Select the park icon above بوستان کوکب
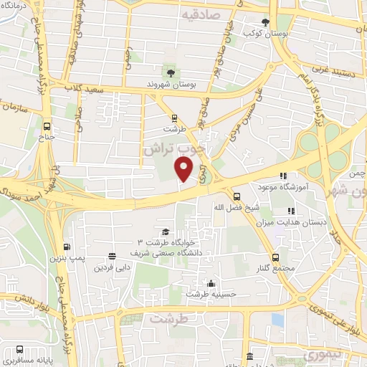point(266,22)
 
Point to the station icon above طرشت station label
point(173,118)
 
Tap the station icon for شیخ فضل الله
point(237,196)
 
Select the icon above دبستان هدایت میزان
point(290,211)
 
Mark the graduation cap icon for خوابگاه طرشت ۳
point(166,231)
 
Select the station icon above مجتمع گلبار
point(276,257)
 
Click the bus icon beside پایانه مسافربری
point(9,353)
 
